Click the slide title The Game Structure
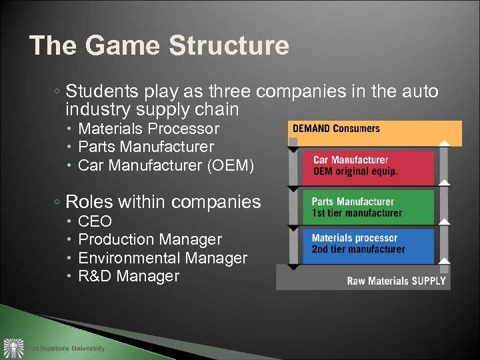[159, 45]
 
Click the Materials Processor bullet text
[148, 128]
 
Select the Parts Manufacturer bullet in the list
[145, 146]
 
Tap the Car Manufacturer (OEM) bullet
[166, 165]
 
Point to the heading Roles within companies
[163, 201]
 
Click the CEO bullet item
[95, 221]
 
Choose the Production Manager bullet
[150, 239]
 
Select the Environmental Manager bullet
[163, 258]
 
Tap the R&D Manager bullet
[129, 276]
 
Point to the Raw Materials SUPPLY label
[396, 281]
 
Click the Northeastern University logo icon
[13, 348]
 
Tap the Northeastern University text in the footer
[65, 348]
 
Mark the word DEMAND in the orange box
[311, 129]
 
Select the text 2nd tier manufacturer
[358, 249]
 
